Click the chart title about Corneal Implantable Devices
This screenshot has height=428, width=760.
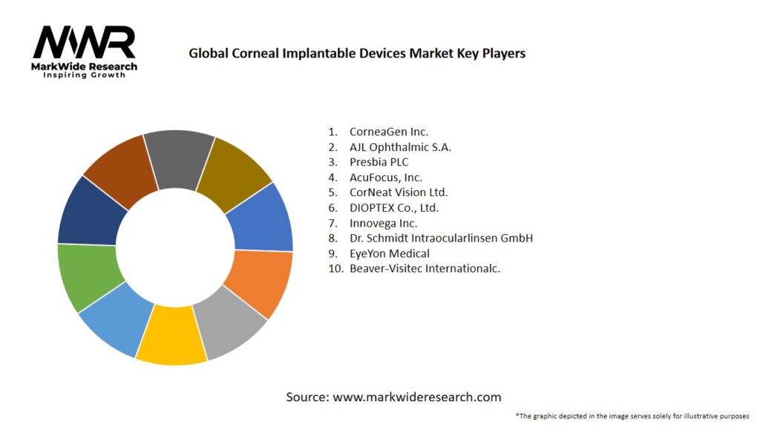(357, 53)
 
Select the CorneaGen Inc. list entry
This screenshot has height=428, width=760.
(389, 132)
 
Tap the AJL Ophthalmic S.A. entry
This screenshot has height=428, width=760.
(400, 147)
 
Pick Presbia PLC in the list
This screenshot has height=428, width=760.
(379, 162)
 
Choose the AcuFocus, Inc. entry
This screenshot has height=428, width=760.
(386, 178)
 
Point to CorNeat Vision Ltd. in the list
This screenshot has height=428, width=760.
(399, 192)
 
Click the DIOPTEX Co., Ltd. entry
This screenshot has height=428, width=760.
(399, 208)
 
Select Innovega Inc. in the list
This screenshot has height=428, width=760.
(383, 223)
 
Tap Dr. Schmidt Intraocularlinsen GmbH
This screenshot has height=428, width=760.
(441, 239)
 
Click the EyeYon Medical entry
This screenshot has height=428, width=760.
(389, 253)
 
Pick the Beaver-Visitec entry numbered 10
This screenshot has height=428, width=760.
(425, 269)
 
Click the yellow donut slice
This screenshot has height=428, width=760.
(171, 339)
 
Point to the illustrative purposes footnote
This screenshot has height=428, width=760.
(632, 416)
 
